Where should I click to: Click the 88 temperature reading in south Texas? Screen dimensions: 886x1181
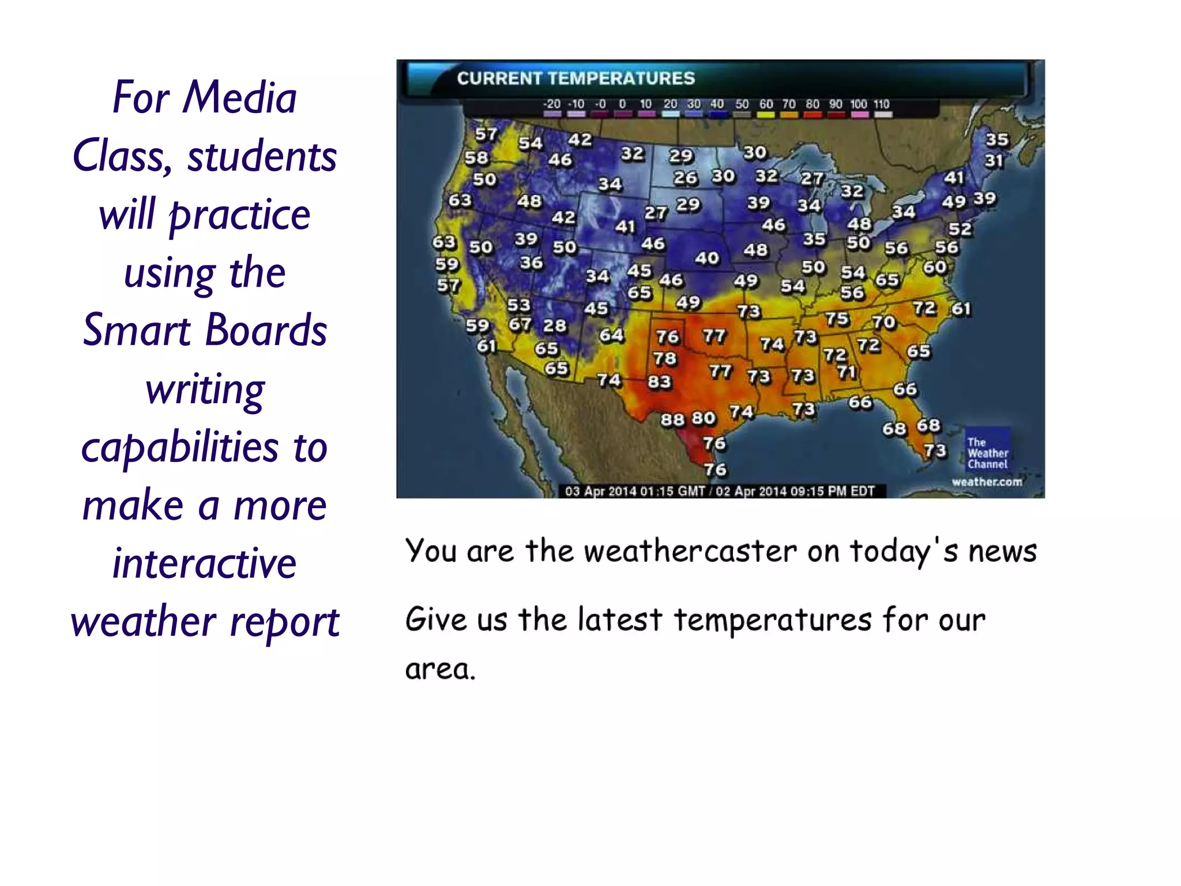[x=672, y=419]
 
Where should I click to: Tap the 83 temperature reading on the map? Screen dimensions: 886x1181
[x=660, y=382]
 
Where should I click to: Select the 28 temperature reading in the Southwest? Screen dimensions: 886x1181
[x=555, y=326]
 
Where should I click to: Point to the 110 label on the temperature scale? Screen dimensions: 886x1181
[x=882, y=104]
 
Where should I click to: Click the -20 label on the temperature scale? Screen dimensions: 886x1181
[x=552, y=104]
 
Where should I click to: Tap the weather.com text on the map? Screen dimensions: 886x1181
[x=987, y=482]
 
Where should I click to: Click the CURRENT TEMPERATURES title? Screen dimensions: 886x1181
[x=576, y=78]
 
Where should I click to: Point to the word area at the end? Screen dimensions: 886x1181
[x=439, y=670]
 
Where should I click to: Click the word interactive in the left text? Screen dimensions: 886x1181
[x=205, y=564]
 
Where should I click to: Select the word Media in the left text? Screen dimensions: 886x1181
[x=239, y=97]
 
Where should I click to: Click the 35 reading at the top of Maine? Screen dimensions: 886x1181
[x=997, y=140]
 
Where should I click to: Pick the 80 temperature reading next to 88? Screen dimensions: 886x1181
[x=704, y=418]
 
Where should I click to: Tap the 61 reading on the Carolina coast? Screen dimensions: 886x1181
[x=961, y=309]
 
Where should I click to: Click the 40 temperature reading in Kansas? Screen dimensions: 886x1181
[x=706, y=258]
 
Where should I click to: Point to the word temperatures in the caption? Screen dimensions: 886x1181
[x=773, y=620]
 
